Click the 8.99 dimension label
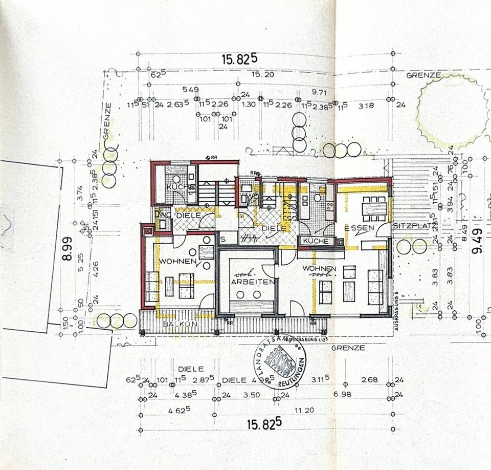(x=66, y=248)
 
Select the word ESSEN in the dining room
(x=360, y=228)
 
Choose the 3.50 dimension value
(x=252, y=395)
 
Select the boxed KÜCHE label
(x=313, y=241)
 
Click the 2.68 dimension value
(x=369, y=379)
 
